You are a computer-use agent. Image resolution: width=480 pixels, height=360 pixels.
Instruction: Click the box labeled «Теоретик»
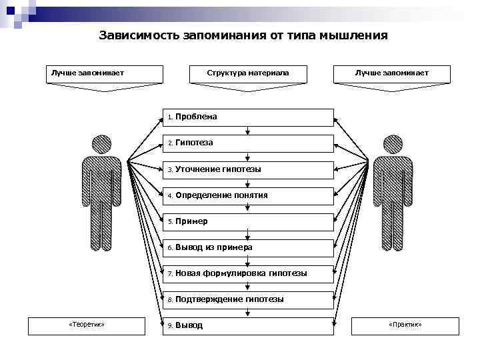click(x=86, y=325)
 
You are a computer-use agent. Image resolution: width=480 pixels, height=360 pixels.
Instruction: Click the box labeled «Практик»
click(x=405, y=325)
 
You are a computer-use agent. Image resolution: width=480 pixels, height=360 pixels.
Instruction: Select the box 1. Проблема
click(x=249, y=117)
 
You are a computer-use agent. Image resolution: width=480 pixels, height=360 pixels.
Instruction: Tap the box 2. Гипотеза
click(x=249, y=143)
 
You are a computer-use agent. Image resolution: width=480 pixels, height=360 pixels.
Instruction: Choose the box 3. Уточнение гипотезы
click(x=249, y=169)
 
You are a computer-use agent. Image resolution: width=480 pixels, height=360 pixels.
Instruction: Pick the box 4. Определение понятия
click(x=249, y=195)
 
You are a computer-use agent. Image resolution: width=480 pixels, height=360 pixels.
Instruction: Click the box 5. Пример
click(x=249, y=221)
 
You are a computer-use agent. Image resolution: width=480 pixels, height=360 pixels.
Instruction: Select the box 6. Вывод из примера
click(x=249, y=247)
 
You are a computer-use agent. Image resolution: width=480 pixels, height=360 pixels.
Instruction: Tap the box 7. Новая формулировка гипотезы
click(x=249, y=273)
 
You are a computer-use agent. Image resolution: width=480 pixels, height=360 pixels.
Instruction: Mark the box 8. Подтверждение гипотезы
click(x=249, y=299)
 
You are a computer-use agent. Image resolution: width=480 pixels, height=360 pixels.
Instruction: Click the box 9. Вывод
click(x=249, y=325)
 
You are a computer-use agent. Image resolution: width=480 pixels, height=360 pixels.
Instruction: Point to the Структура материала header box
click(x=248, y=73)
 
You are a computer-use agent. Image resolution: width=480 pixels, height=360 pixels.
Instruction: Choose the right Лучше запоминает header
click(x=392, y=73)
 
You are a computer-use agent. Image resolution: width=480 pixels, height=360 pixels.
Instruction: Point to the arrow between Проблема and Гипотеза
click(x=248, y=131)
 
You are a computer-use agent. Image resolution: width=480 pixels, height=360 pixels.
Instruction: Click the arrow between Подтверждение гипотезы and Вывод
click(x=248, y=313)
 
